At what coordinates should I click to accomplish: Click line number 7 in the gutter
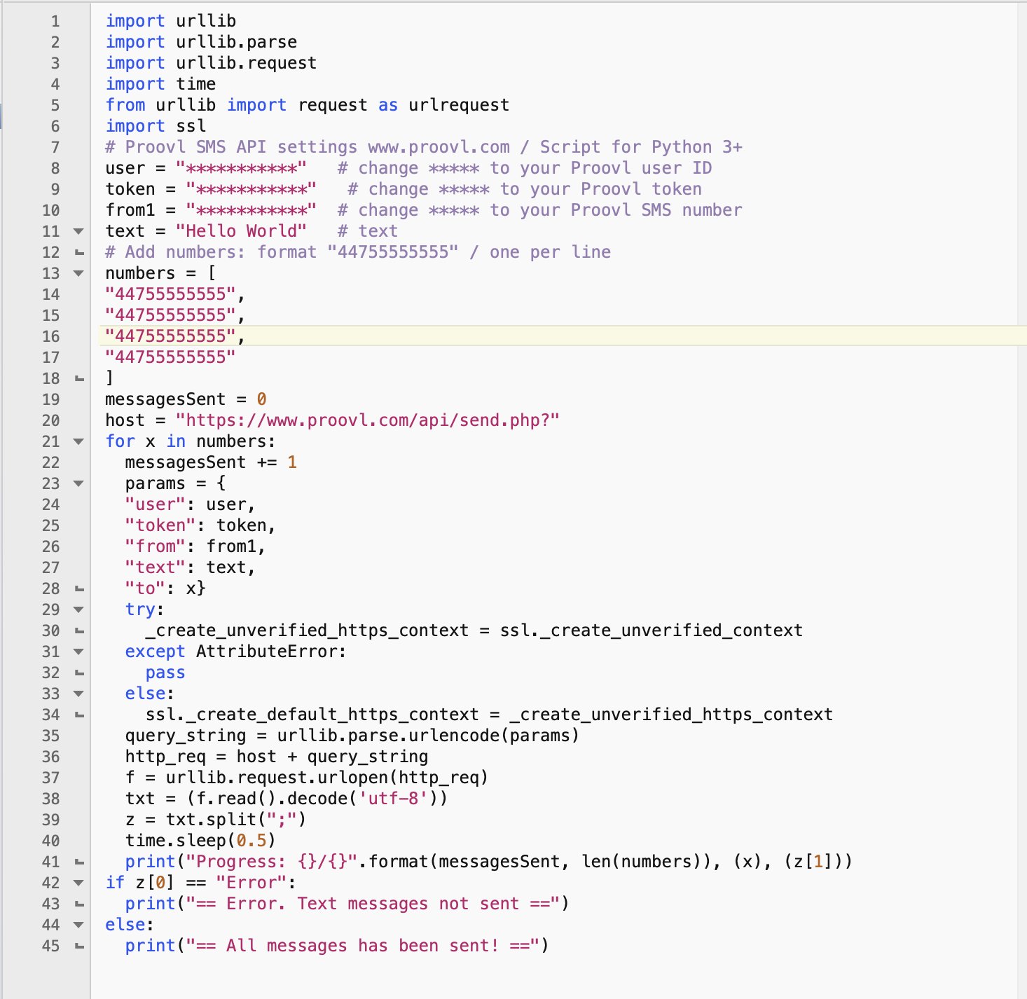click(x=55, y=147)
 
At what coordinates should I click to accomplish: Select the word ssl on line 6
click(x=191, y=126)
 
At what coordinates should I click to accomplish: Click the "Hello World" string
click(x=241, y=231)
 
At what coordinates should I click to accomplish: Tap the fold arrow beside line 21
click(x=78, y=442)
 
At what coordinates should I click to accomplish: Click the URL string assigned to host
click(x=367, y=420)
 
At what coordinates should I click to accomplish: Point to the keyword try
click(x=140, y=610)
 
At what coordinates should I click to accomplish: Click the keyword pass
click(x=165, y=673)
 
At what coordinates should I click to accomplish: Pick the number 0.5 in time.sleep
click(x=251, y=841)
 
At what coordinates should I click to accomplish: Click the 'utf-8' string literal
click(x=392, y=799)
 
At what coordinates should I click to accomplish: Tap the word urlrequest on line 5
click(x=459, y=105)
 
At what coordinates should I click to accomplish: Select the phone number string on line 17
click(x=170, y=358)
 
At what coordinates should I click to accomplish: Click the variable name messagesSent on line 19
click(x=165, y=399)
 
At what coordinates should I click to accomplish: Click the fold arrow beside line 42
click(x=78, y=883)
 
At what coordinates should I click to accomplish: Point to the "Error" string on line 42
click(x=251, y=883)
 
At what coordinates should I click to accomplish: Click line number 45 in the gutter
click(x=50, y=946)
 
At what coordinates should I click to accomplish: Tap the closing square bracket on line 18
click(x=109, y=378)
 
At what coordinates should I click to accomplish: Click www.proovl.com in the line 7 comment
click(x=439, y=147)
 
